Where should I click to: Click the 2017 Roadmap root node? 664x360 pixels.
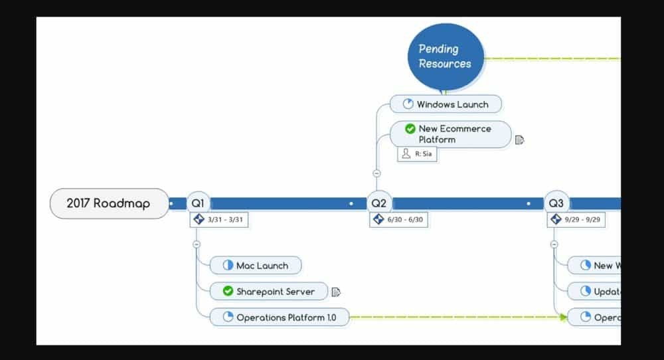(x=109, y=203)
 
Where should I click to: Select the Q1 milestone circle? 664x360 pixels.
(x=198, y=203)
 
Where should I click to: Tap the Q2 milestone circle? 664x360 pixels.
(x=378, y=203)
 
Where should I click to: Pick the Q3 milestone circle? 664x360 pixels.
(x=556, y=203)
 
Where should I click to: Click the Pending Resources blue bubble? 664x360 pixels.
(x=445, y=56)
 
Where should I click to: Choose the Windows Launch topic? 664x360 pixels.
(x=446, y=104)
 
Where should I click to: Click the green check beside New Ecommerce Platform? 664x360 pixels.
(x=410, y=129)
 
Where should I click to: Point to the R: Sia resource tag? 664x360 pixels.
(x=418, y=153)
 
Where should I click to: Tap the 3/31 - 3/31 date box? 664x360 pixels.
(x=220, y=219)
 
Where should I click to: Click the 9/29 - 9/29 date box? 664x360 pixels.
(x=576, y=219)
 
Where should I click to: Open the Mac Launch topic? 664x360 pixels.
(x=256, y=266)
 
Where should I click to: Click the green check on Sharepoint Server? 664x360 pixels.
(x=228, y=292)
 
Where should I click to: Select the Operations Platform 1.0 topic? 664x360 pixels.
(x=279, y=317)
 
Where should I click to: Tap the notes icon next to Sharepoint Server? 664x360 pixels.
(x=336, y=292)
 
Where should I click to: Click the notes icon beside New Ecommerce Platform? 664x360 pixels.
(x=519, y=140)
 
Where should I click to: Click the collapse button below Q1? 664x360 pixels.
(x=197, y=244)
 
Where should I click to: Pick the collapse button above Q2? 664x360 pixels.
(x=377, y=173)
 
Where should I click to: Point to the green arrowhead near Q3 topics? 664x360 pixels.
(x=564, y=317)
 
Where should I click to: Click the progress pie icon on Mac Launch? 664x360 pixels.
(x=227, y=266)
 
